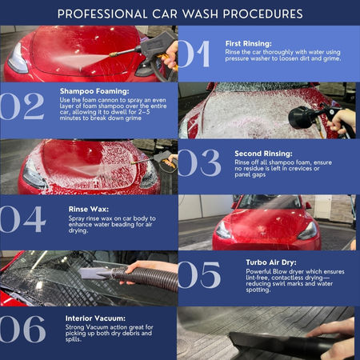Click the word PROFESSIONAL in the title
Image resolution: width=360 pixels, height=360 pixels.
tap(102, 14)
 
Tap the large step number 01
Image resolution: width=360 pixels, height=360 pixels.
tap(194, 54)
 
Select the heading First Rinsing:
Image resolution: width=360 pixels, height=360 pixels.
tap(249, 43)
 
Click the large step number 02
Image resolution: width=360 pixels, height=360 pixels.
tap(22, 106)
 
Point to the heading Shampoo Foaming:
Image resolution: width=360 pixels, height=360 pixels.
tap(94, 91)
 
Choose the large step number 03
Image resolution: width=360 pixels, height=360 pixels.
tap(199, 163)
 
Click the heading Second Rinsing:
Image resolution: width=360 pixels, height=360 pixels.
tap(263, 154)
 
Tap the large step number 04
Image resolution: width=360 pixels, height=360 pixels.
tap(23, 219)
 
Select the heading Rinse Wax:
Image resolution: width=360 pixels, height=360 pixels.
tap(89, 209)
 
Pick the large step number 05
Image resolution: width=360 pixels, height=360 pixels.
tap(199, 275)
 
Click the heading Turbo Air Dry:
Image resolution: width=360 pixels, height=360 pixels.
tap(271, 262)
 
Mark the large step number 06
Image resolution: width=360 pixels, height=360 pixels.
tap(23, 329)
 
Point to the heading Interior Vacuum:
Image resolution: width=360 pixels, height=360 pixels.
tap(95, 318)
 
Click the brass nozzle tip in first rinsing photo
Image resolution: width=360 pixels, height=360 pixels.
tap(114, 54)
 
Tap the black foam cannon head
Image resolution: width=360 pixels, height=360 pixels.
tap(301, 118)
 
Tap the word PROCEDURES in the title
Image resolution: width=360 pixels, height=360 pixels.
tap(263, 14)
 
